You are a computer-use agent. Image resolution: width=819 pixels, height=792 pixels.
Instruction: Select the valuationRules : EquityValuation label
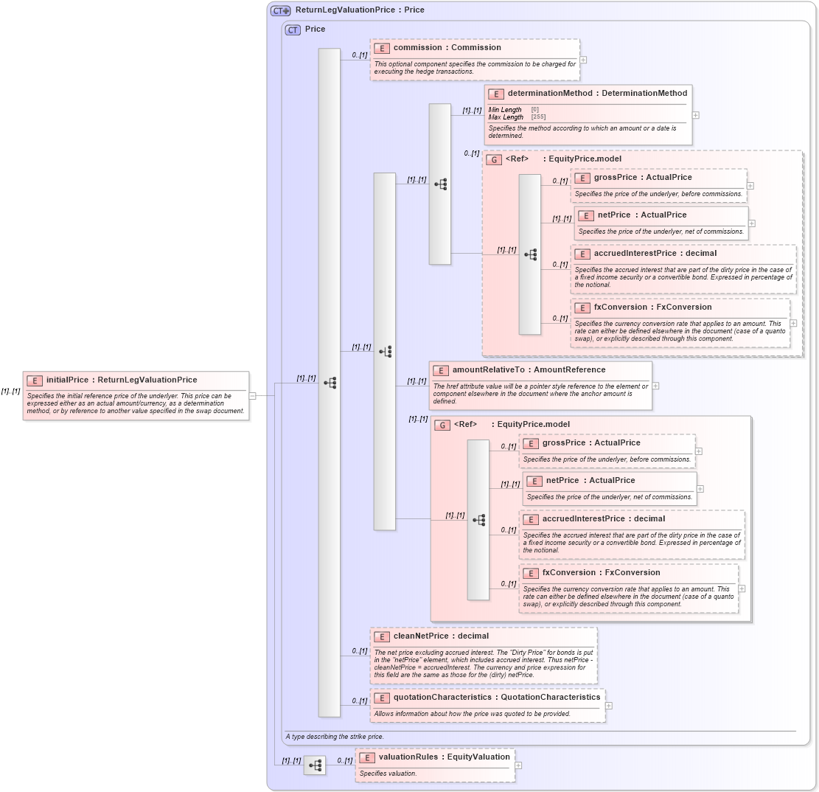click(x=444, y=757)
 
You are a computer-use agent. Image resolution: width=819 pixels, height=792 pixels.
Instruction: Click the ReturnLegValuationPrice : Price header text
click(x=359, y=10)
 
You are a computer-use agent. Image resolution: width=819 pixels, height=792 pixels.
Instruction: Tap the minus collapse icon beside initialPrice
click(x=253, y=395)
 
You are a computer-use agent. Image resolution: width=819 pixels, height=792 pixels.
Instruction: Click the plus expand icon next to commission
click(x=583, y=60)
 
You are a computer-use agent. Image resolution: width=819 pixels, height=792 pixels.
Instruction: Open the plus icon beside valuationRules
click(x=518, y=765)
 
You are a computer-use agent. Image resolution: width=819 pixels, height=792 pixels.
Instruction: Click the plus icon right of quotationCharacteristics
click(x=608, y=706)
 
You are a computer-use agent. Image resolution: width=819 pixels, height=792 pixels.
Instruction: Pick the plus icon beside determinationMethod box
click(x=695, y=115)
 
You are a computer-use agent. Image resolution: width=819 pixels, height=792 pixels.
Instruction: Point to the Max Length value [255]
click(x=538, y=117)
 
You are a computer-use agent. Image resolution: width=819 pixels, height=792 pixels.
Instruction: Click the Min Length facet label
click(x=505, y=110)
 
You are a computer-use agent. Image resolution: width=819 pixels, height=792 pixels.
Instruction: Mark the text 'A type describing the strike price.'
click(x=334, y=737)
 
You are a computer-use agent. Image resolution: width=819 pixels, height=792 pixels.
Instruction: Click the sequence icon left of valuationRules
click(x=315, y=765)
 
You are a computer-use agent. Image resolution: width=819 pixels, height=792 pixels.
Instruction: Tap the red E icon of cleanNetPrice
click(x=382, y=636)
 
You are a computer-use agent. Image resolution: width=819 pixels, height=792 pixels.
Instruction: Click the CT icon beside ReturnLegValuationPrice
click(x=280, y=10)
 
